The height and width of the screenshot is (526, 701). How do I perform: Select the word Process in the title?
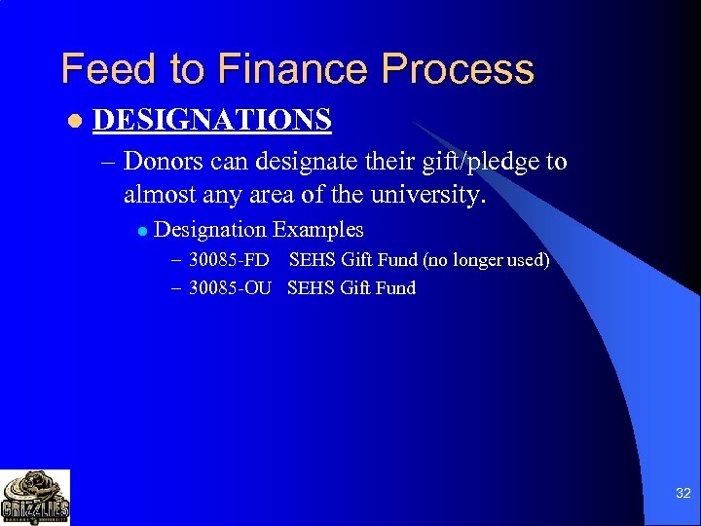coord(458,69)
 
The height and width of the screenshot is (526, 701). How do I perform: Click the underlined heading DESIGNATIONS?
coord(212,120)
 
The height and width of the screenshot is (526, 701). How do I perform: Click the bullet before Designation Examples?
coord(141,232)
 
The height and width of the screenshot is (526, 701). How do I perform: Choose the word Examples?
coord(318,231)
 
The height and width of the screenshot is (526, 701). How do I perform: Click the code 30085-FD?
coord(229,260)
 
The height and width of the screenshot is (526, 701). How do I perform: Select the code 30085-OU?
coord(230,287)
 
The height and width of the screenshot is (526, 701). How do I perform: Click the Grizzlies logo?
coord(35,497)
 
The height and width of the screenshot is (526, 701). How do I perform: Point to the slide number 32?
coord(683,494)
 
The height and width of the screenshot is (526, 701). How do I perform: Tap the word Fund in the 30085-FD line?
coord(396,260)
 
